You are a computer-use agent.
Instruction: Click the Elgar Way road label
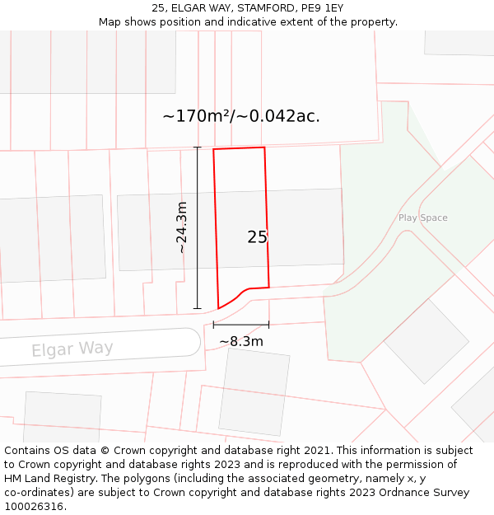[x=72, y=349]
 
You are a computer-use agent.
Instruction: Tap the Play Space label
[x=422, y=218]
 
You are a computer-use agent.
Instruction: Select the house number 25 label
[x=258, y=237]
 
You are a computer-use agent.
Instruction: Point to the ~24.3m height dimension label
[x=182, y=227]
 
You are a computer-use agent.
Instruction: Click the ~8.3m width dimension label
[x=241, y=341]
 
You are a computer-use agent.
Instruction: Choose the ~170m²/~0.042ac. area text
[x=241, y=116]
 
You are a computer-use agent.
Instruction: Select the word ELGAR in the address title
[x=189, y=8]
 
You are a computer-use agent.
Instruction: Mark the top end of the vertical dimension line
[x=197, y=147]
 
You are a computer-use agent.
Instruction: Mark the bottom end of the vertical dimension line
[x=197, y=309]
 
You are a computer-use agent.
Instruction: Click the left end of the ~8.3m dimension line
[x=214, y=325]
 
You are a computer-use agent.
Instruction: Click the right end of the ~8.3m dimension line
[x=268, y=325]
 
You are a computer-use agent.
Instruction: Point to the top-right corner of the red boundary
[x=264, y=147]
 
